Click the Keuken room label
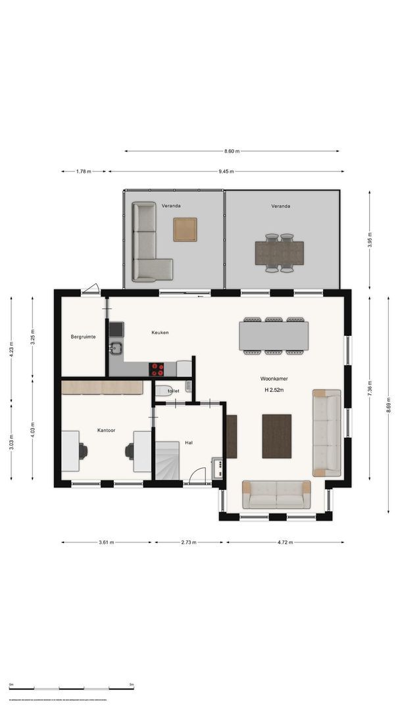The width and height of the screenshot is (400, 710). click(x=160, y=333)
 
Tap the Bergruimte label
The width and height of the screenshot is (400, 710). click(x=84, y=337)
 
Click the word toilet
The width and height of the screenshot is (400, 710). click(x=174, y=391)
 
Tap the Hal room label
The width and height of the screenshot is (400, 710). click(x=189, y=442)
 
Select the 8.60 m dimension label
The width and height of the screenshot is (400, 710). click(x=232, y=151)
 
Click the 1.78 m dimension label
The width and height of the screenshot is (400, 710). click(x=84, y=172)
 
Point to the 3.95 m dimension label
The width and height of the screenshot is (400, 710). click(x=369, y=239)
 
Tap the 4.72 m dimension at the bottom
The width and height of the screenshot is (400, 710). click(x=285, y=542)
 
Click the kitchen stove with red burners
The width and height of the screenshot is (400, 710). click(x=157, y=369)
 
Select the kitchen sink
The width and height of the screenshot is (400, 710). click(x=116, y=348)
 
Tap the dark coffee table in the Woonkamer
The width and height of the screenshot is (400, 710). click(x=276, y=436)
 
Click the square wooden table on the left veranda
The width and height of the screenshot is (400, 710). click(x=185, y=229)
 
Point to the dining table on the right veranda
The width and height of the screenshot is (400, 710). click(x=280, y=252)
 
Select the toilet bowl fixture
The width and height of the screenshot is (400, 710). click(x=164, y=390)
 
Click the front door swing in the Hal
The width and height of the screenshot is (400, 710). click(x=195, y=477)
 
